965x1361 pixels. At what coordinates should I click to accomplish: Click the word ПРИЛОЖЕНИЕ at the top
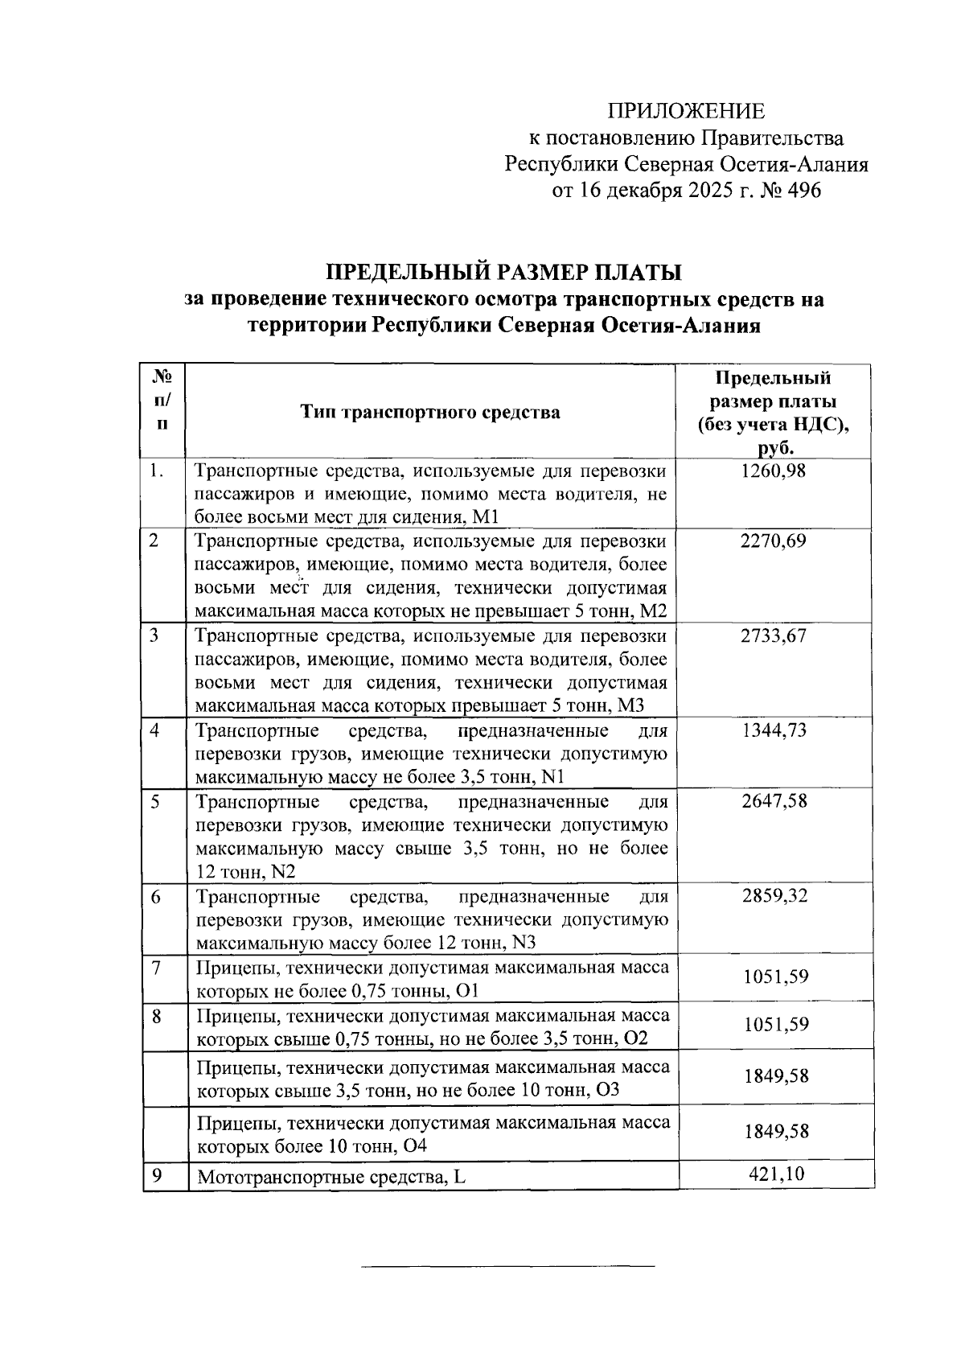[686, 111]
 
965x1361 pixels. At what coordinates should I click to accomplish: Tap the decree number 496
[800, 191]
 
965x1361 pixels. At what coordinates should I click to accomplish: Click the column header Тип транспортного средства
[430, 413]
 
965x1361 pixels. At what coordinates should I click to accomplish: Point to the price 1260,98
[772, 471]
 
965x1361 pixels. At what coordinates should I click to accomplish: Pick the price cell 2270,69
[772, 541]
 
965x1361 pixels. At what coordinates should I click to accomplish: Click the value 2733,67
[772, 636]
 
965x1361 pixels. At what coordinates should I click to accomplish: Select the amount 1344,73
[772, 730]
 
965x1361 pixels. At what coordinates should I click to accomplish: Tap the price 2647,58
[772, 801]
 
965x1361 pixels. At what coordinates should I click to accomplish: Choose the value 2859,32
[772, 896]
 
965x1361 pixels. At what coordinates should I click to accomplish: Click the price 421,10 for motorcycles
[776, 1174]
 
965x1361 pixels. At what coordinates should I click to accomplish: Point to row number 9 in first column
[158, 1176]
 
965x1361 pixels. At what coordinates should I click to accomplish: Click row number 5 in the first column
[155, 801]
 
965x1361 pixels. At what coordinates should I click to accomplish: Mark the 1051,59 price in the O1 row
[776, 977]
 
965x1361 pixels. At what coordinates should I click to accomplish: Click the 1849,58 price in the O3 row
[776, 1077]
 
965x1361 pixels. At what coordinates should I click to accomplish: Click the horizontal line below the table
[508, 1267]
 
